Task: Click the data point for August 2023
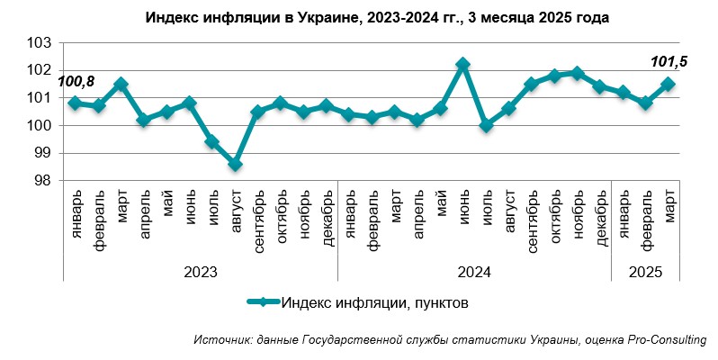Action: [235, 164]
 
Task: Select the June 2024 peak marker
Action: [462, 65]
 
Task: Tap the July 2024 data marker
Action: [486, 125]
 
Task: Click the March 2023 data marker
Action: [121, 84]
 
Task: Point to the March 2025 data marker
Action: [669, 84]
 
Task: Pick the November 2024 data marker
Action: [577, 73]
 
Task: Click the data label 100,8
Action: [76, 82]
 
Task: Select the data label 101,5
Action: [667, 62]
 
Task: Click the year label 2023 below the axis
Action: [200, 269]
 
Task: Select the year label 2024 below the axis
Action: [474, 269]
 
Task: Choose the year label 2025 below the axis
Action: [645, 269]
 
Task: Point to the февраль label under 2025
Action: [646, 216]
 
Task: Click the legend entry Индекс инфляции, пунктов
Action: [373, 302]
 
